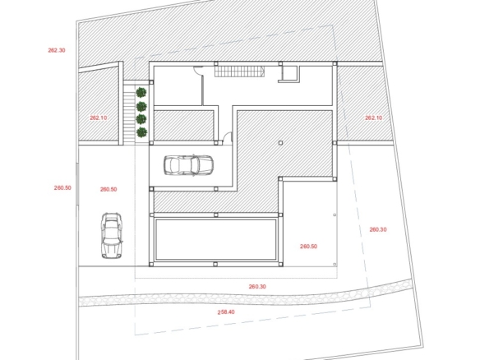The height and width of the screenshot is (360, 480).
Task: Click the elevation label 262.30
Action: (x=57, y=50)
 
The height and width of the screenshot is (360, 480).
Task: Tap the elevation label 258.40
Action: (x=226, y=312)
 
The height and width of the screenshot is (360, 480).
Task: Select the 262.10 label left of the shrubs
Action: (x=99, y=118)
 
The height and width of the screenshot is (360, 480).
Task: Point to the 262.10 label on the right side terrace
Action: (x=374, y=118)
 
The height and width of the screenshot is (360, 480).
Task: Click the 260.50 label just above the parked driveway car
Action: (x=108, y=189)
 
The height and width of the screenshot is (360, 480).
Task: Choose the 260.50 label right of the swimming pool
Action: (x=308, y=246)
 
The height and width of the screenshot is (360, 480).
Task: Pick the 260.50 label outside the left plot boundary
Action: (x=62, y=187)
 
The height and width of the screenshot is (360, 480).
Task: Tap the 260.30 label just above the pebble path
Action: (x=257, y=287)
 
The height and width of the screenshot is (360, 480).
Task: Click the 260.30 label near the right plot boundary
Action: (x=378, y=229)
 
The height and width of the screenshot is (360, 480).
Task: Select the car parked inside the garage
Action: (x=188, y=165)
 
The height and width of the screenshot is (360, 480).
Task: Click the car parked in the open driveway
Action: (x=112, y=236)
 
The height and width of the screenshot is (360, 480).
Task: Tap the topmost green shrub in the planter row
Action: (x=141, y=92)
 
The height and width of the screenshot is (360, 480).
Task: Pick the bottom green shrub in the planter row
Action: (x=141, y=132)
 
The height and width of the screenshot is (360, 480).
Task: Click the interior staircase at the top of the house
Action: (x=239, y=72)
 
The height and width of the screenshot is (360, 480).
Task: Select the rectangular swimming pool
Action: (x=216, y=239)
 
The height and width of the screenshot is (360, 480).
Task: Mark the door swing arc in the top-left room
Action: (x=197, y=70)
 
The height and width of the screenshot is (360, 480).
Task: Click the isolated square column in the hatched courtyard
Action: (x=280, y=143)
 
